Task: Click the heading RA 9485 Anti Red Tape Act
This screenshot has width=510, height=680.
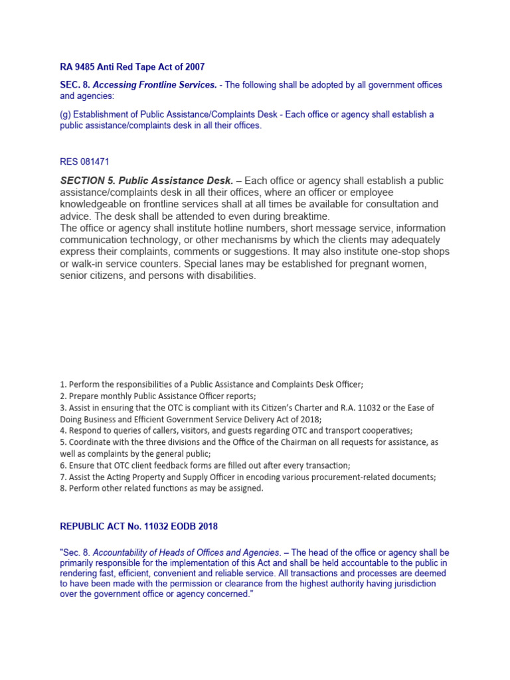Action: pyautogui.click(x=132, y=66)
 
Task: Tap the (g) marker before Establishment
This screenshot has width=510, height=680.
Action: pyautogui.click(x=66, y=114)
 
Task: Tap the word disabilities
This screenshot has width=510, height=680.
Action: pyautogui.click(x=228, y=276)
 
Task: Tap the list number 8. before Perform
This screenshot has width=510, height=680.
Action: pyautogui.click(x=64, y=489)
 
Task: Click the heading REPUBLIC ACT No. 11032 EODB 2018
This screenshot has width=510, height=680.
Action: pyautogui.click(x=139, y=527)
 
